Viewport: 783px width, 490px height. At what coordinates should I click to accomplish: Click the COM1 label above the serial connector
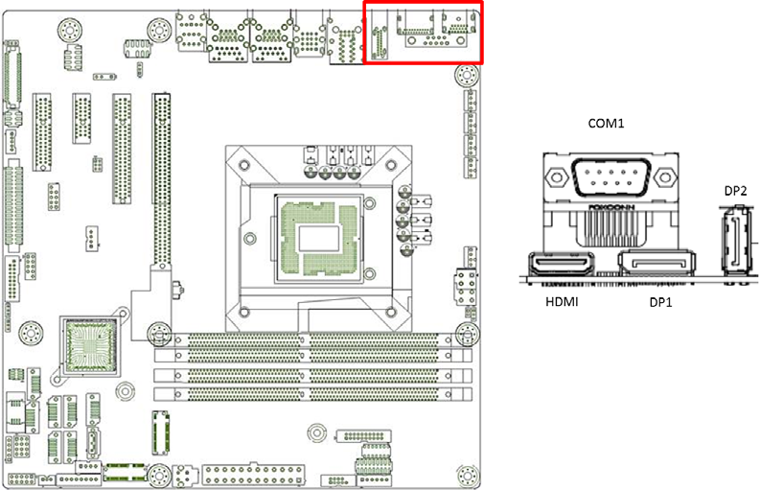[x=605, y=124]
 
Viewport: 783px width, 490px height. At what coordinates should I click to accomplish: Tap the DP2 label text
[x=735, y=191]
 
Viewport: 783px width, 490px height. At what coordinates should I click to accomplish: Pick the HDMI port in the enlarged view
[x=561, y=265]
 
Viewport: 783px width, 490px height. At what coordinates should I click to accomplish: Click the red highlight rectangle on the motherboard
[x=424, y=33]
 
